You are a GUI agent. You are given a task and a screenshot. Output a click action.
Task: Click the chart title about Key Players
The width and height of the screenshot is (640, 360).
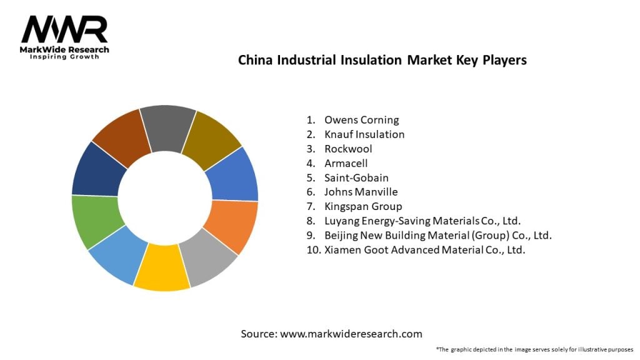click(x=382, y=61)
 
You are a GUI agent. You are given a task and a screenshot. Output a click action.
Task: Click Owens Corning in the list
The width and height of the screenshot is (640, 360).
click(x=361, y=120)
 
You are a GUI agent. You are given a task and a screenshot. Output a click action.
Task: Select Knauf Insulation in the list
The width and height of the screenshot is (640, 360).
click(x=364, y=134)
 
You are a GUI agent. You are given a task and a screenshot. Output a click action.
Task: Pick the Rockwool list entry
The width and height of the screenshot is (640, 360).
click(x=348, y=149)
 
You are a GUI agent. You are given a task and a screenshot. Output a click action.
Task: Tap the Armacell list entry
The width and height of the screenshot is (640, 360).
click(x=346, y=163)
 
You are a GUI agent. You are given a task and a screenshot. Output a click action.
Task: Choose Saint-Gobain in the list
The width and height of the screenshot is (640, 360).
click(x=356, y=177)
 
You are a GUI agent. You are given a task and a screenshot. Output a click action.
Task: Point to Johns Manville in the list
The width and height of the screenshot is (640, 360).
click(x=361, y=192)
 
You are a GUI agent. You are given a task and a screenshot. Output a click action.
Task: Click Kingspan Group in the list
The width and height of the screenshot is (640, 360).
click(x=363, y=206)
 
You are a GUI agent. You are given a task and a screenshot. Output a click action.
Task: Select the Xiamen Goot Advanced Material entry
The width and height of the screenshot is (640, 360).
click(x=424, y=249)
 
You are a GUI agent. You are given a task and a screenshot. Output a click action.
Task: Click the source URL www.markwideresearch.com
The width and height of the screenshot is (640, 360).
click(x=351, y=334)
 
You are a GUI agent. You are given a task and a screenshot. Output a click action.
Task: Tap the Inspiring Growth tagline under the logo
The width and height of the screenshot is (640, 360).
click(x=64, y=57)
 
